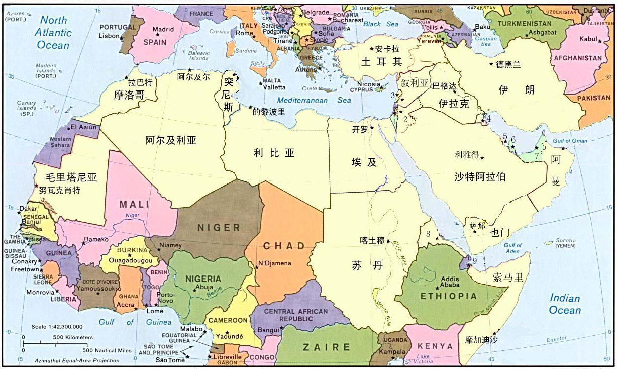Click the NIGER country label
219,227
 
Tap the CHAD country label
284,246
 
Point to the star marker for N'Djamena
256,267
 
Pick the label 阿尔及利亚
171,140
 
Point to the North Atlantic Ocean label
53,32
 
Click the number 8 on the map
428,233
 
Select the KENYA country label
435,346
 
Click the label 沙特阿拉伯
480,176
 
